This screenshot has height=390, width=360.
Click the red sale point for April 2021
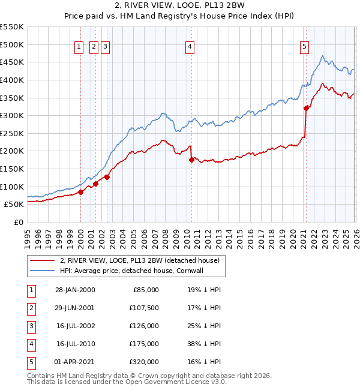click(x=306, y=108)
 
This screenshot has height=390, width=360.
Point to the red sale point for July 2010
click(x=191, y=160)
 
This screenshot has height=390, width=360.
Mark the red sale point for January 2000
click(x=81, y=191)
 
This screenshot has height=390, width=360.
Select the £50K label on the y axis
click(x=14, y=204)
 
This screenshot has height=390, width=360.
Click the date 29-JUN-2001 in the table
click(x=74, y=308)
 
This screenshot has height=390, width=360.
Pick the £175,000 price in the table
click(x=144, y=344)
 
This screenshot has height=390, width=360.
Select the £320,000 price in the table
click(x=144, y=362)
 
